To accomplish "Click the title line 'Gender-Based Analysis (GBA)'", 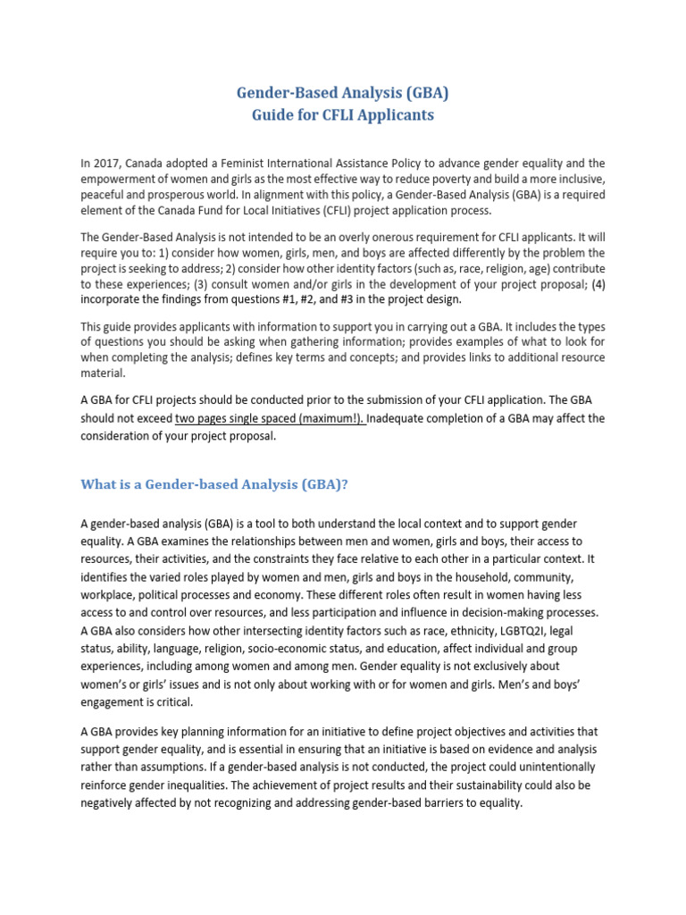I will coord(343,93).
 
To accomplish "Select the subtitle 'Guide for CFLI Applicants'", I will coord(343,114).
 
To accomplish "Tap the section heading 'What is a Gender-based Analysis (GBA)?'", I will coord(214,484).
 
